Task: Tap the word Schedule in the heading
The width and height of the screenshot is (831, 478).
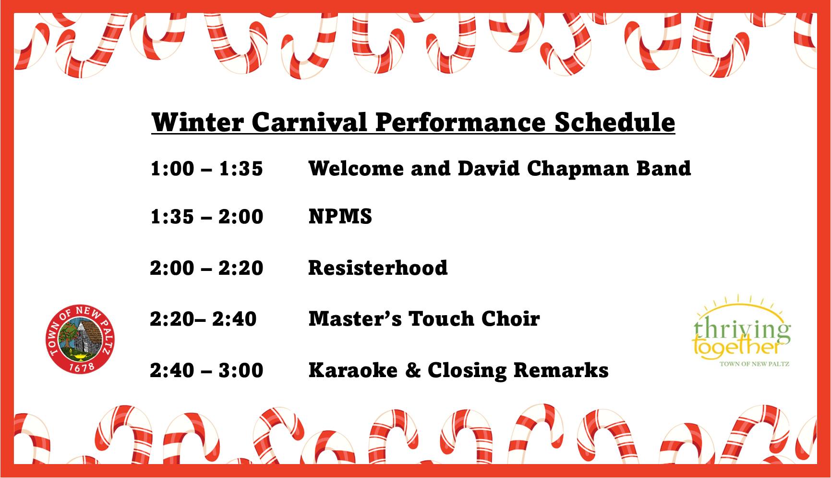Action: (x=615, y=122)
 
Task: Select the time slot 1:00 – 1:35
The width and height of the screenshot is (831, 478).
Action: (x=206, y=169)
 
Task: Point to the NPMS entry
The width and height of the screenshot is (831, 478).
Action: (x=340, y=216)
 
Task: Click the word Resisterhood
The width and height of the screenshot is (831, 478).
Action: (x=378, y=268)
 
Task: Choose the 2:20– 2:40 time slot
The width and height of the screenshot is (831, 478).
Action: (x=203, y=319)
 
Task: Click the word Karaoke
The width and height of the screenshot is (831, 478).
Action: (x=353, y=370)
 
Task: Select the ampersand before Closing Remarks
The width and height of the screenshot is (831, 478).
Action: (x=412, y=370)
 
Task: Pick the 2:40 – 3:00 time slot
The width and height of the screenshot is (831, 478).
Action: (x=206, y=370)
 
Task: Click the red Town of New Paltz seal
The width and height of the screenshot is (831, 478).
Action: (x=79, y=338)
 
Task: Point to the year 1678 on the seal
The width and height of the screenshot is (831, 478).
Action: (x=81, y=366)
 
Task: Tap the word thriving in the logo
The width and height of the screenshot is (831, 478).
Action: (x=742, y=331)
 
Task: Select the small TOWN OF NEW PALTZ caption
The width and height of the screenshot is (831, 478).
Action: (x=754, y=364)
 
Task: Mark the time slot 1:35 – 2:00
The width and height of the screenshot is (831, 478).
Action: (x=206, y=217)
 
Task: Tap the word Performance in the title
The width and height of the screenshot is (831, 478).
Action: (x=460, y=122)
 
